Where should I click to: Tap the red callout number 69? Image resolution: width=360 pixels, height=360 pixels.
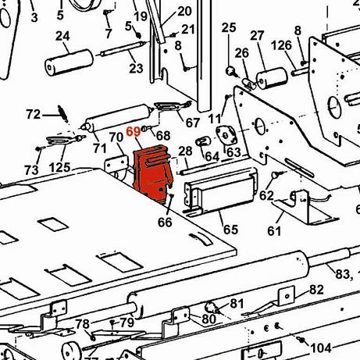134,132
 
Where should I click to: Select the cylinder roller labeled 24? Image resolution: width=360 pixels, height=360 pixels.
69,62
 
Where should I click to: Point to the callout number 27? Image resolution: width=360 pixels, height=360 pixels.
257,36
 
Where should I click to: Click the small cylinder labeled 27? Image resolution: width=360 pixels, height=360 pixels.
272,78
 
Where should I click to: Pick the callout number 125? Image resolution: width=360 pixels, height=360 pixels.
60,167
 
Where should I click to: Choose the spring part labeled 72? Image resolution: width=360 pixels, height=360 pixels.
63,113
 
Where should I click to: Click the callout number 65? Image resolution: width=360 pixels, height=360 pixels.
230,230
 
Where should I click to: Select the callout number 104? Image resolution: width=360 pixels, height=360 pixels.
321,348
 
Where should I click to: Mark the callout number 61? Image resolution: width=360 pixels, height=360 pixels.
274,231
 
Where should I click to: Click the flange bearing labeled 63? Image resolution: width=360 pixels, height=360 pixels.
226,135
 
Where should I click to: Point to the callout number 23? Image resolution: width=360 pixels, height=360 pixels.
136,69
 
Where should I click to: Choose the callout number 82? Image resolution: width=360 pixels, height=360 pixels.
316,290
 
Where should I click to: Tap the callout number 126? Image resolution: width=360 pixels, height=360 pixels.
281,45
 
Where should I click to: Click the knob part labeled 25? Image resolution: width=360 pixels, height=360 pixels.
231,71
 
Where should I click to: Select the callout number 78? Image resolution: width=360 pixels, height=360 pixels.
83,324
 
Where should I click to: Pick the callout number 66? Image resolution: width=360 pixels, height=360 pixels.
165,223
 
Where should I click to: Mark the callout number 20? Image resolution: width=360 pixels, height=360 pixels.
184,11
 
